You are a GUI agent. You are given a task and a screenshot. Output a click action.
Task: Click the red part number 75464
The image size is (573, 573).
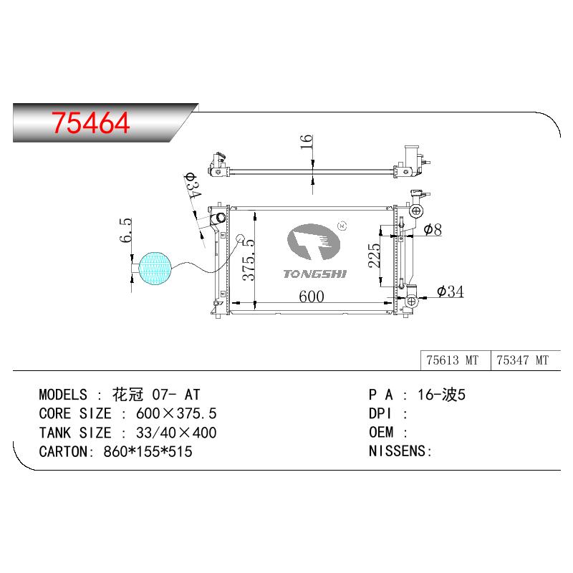(x=91, y=122)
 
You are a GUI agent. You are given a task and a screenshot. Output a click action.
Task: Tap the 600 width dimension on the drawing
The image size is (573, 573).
(x=312, y=297)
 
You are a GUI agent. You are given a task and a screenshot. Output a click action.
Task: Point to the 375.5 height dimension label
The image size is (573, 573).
(x=249, y=259)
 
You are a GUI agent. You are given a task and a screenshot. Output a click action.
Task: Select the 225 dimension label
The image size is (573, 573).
(x=374, y=256)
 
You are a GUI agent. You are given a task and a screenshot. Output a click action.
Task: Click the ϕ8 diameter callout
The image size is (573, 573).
(x=433, y=229)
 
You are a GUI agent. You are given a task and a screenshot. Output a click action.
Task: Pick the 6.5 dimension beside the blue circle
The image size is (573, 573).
(x=125, y=230)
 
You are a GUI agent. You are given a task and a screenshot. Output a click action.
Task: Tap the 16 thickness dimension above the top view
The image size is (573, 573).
(x=307, y=141)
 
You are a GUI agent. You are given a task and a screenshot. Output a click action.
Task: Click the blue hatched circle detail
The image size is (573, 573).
(x=155, y=269)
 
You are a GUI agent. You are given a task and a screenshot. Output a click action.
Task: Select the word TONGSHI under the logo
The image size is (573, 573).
(x=314, y=274)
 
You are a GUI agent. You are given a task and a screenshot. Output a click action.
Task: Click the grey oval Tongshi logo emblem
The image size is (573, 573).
(x=314, y=242)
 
